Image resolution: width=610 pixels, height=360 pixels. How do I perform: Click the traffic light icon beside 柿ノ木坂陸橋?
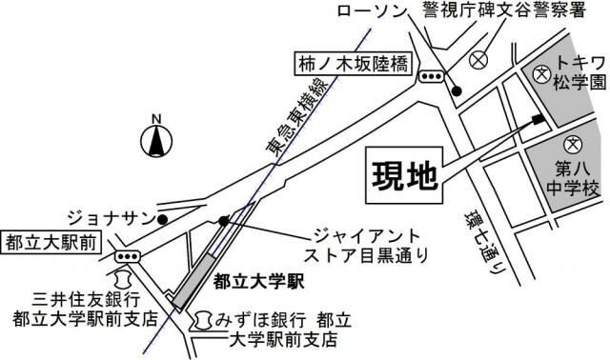432,77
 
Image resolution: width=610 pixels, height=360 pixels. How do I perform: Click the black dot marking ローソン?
457,91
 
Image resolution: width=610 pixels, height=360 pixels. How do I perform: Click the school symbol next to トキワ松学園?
541,73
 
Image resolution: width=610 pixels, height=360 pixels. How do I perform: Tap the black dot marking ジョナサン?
163,219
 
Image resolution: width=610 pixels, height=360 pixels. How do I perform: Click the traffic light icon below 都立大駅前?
126,256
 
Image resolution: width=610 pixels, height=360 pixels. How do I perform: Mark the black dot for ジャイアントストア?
223,220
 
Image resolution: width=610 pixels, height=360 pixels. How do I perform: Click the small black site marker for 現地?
539,119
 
